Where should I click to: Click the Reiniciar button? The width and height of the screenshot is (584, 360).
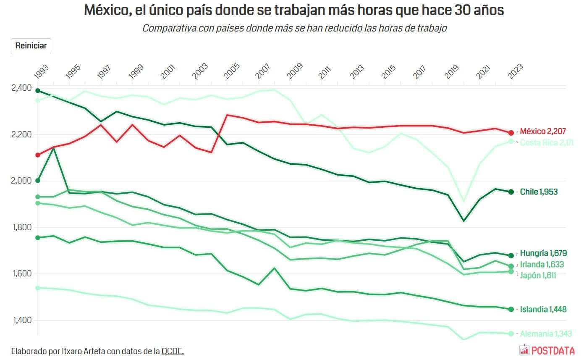tap(31, 46)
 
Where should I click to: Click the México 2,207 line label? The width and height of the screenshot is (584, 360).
tap(542, 131)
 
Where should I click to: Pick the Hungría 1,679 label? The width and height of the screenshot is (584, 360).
tap(543, 253)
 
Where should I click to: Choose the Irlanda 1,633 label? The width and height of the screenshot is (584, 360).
tap(542, 265)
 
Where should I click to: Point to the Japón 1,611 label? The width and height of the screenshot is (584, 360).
tap(538, 276)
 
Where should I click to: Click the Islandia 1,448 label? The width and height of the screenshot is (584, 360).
tap(543, 310)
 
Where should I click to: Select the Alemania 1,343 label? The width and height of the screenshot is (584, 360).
tap(546, 334)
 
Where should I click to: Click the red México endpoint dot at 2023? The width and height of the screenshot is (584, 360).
tap(511, 133)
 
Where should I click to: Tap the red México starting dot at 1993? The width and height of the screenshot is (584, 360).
tap(38, 155)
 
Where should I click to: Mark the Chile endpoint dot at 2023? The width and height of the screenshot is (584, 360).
tap(511, 192)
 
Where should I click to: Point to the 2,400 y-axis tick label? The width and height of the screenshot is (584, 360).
tap(22, 88)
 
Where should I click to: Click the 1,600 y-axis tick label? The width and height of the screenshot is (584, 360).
tap(22, 274)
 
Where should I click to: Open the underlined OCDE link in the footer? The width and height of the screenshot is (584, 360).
tap(172, 351)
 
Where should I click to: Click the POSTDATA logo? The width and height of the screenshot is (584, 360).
tap(547, 350)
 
